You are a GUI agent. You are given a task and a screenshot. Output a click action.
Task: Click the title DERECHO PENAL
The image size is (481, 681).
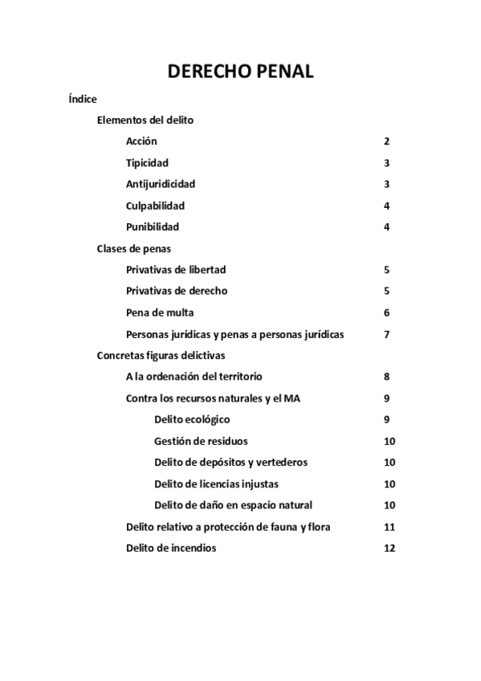click(x=240, y=71)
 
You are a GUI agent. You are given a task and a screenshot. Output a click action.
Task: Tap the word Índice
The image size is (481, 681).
click(x=84, y=100)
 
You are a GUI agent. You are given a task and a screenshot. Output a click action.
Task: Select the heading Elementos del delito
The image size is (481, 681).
click(x=145, y=120)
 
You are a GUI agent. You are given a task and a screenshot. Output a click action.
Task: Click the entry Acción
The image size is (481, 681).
click(x=141, y=141)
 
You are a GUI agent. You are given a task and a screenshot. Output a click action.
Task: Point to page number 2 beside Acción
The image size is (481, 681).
click(x=387, y=141)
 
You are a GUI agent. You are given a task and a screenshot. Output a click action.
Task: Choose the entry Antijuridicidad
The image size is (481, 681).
click(x=161, y=184)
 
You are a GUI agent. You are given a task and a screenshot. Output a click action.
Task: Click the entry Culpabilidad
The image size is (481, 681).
click(x=156, y=206)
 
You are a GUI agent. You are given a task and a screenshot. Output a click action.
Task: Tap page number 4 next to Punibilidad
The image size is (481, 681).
click(x=387, y=226)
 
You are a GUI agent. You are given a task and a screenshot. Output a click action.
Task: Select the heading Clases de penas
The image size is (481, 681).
click(x=133, y=248)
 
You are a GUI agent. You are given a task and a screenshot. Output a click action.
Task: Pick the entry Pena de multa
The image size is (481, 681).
click(x=160, y=312)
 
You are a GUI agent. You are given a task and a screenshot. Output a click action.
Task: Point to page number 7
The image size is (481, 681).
click(x=387, y=334)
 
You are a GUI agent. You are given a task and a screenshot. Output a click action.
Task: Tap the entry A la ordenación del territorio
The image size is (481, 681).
click(x=194, y=377)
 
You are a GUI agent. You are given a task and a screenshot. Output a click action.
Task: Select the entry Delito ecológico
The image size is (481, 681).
click(x=192, y=419)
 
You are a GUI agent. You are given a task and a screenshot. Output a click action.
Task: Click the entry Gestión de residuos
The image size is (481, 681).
click(x=201, y=441)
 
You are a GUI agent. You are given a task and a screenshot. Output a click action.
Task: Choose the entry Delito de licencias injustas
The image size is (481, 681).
click(x=217, y=483)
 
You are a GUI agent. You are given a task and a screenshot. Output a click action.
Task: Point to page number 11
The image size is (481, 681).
click(x=390, y=527)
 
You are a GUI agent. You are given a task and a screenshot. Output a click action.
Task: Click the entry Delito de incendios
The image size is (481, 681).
click(x=171, y=548)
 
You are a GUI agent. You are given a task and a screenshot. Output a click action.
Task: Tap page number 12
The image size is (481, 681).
click(x=390, y=548)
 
